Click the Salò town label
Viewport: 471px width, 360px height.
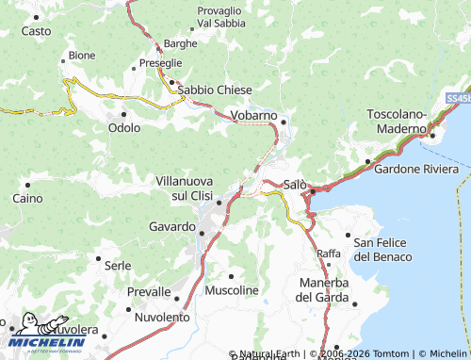pyautogui.click(x=295, y=184)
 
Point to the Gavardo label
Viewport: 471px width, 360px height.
pyautogui.click(x=171, y=227)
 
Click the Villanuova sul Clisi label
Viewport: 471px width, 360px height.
pyautogui.click(x=185, y=187)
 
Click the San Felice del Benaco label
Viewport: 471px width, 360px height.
pyautogui.click(x=382, y=250)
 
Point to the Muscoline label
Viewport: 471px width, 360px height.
pyautogui.click(x=231, y=290)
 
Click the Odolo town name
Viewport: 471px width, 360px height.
pyautogui.click(x=124, y=127)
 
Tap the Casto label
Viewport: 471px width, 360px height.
pyautogui.click(x=36, y=31)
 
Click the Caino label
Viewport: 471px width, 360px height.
pyautogui.click(x=27, y=198)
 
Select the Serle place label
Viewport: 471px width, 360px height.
pyautogui.click(x=118, y=266)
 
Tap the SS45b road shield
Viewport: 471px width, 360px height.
pyautogui.click(x=457, y=97)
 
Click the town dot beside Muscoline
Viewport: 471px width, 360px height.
pyautogui.click(x=231, y=276)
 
